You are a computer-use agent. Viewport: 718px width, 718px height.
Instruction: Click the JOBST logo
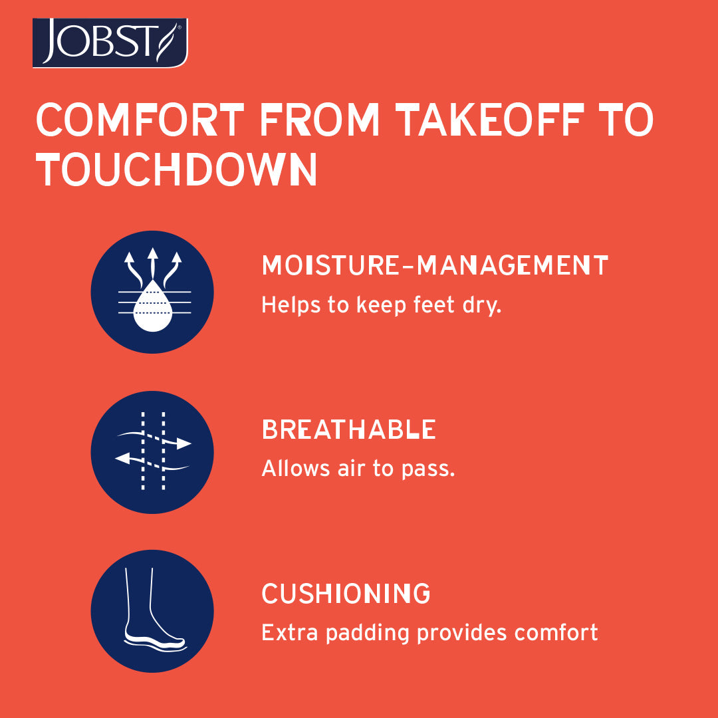click(x=110, y=43)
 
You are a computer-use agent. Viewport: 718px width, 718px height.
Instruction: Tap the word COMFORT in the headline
click(x=140, y=120)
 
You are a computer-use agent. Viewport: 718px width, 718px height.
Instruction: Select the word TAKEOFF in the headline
click(x=490, y=120)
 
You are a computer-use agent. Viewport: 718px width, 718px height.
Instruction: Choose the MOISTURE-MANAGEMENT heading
click(x=435, y=265)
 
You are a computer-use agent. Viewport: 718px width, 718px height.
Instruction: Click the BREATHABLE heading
click(x=348, y=429)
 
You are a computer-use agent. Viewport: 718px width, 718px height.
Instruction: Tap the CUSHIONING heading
click(x=346, y=594)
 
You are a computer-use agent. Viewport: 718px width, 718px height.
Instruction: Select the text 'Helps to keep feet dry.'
click(x=382, y=305)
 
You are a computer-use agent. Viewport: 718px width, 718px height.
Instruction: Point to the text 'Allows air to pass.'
click(x=358, y=469)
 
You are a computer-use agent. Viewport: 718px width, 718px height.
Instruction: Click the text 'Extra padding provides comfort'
click(x=429, y=633)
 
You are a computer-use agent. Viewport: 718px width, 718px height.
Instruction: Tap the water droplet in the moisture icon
click(x=152, y=306)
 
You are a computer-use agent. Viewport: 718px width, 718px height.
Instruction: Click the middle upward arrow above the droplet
click(x=152, y=264)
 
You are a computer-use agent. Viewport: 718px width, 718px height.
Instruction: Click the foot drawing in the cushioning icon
click(x=154, y=609)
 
